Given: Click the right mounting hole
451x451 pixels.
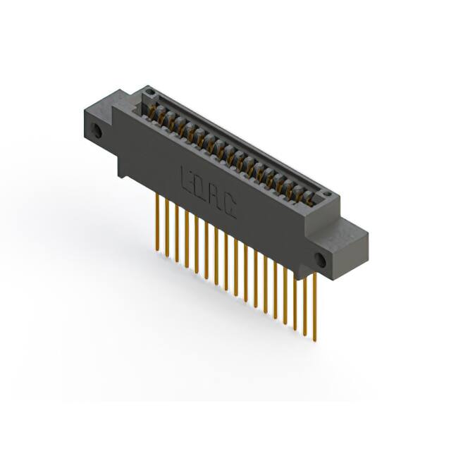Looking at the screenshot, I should (321, 259).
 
